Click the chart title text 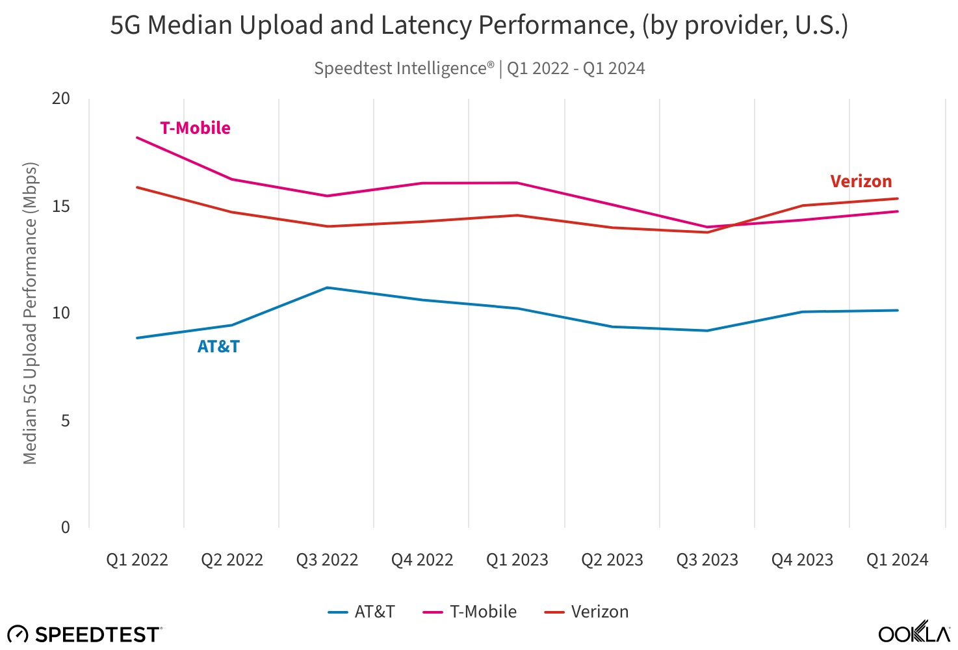pyautogui.click(x=479, y=25)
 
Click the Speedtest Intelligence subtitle pyautogui.click(x=479, y=68)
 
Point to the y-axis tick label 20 pyautogui.click(x=61, y=98)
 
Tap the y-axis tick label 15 pyautogui.click(x=61, y=206)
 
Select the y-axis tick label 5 pyautogui.click(x=65, y=421)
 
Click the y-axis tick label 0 pyautogui.click(x=65, y=527)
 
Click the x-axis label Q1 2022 pyautogui.click(x=137, y=560)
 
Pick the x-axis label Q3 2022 pyautogui.click(x=327, y=560)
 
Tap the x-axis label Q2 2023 pyautogui.click(x=612, y=560)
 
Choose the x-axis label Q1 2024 pyautogui.click(x=897, y=560)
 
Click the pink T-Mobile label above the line pyautogui.click(x=195, y=128)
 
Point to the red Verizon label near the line pyautogui.click(x=861, y=181)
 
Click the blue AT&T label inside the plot pyautogui.click(x=218, y=346)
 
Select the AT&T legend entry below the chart pyautogui.click(x=362, y=612)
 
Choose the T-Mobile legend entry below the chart pyautogui.click(x=470, y=612)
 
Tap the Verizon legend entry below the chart pyautogui.click(x=586, y=612)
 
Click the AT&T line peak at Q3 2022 pyautogui.click(x=327, y=287)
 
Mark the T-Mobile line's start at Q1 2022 pyautogui.click(x=137, y=137)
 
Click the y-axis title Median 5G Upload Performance pyautogui.click(x=30, y=313)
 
